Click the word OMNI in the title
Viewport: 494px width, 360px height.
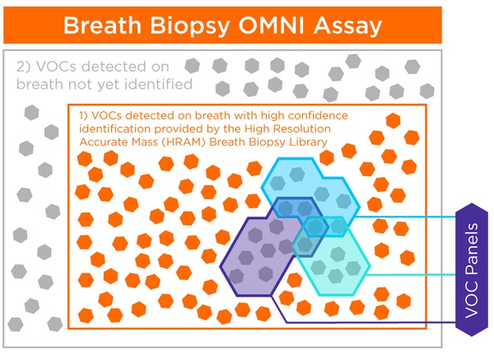coord(271,26)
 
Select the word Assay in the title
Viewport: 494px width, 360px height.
coord(347,26)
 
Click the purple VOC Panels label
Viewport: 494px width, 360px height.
coord(472,270)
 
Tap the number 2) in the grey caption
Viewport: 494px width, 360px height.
coord(24,67)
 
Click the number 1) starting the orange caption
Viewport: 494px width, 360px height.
coord(83,115)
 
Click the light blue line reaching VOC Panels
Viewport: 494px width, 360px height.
coord(405,217)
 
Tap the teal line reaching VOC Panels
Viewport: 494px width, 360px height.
coord(411,274)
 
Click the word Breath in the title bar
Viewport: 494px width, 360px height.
coord(102,26)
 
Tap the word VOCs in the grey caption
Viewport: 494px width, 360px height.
coord(56,67)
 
